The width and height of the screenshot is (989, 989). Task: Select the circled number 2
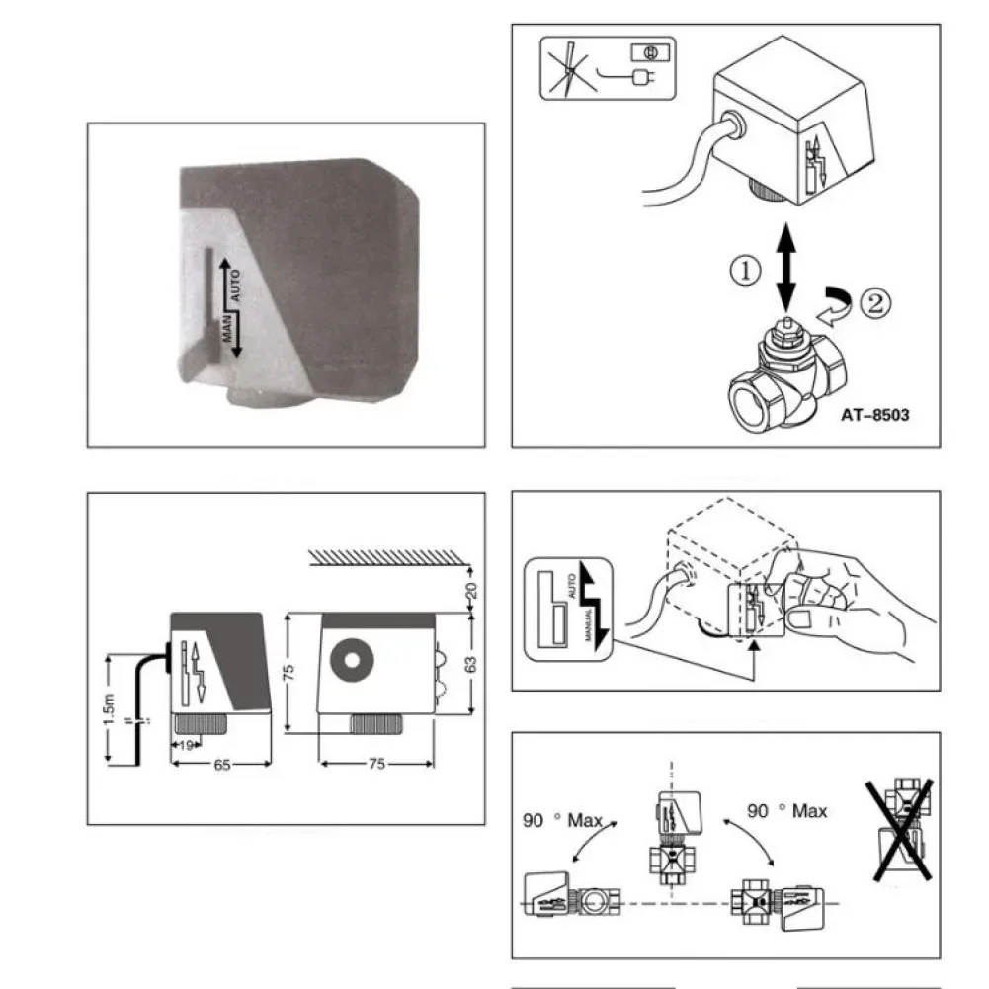coord(873,302)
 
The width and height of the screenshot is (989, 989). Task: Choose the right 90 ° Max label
coord(787,811)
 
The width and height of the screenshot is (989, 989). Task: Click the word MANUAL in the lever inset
coord(588,627)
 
